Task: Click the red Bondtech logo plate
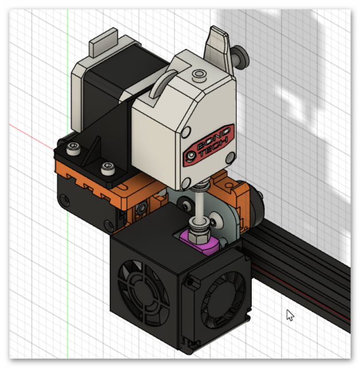[208, 145]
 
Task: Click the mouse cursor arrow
[290, 315]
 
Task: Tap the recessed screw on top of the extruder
[200, 74]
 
